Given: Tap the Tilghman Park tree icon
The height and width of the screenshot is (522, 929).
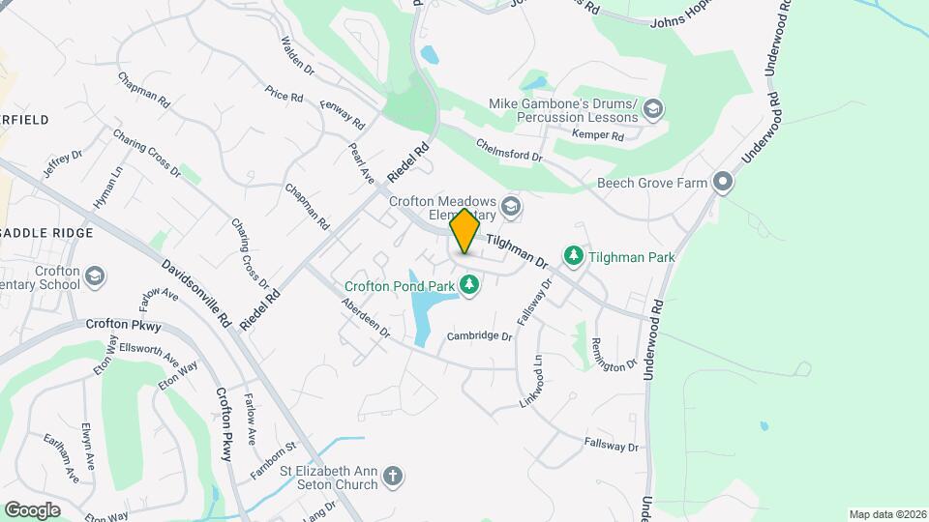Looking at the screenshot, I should click(574, 254).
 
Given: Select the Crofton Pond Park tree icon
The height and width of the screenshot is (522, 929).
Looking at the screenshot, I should click(469, 284).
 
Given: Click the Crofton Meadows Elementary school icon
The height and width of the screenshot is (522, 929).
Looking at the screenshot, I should click(512, 206).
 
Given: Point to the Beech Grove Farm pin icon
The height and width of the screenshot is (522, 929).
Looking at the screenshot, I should click(722, 182).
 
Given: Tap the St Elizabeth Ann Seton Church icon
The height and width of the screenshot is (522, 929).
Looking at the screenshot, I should click(392, 476).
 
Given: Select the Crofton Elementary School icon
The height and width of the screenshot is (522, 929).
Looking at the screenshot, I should click(95, 277).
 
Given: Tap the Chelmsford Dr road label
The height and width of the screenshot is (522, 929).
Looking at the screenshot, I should click(509, 149).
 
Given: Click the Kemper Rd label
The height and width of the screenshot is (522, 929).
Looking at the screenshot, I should click(597, 135).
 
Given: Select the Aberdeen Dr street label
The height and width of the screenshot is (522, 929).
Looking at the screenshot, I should click(364, 318).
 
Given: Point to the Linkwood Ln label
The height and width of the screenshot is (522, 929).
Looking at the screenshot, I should click(532, 380).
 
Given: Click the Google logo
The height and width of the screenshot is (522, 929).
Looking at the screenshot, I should click(32, 509).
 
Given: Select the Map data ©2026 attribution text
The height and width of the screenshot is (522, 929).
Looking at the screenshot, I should click(886, 514).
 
